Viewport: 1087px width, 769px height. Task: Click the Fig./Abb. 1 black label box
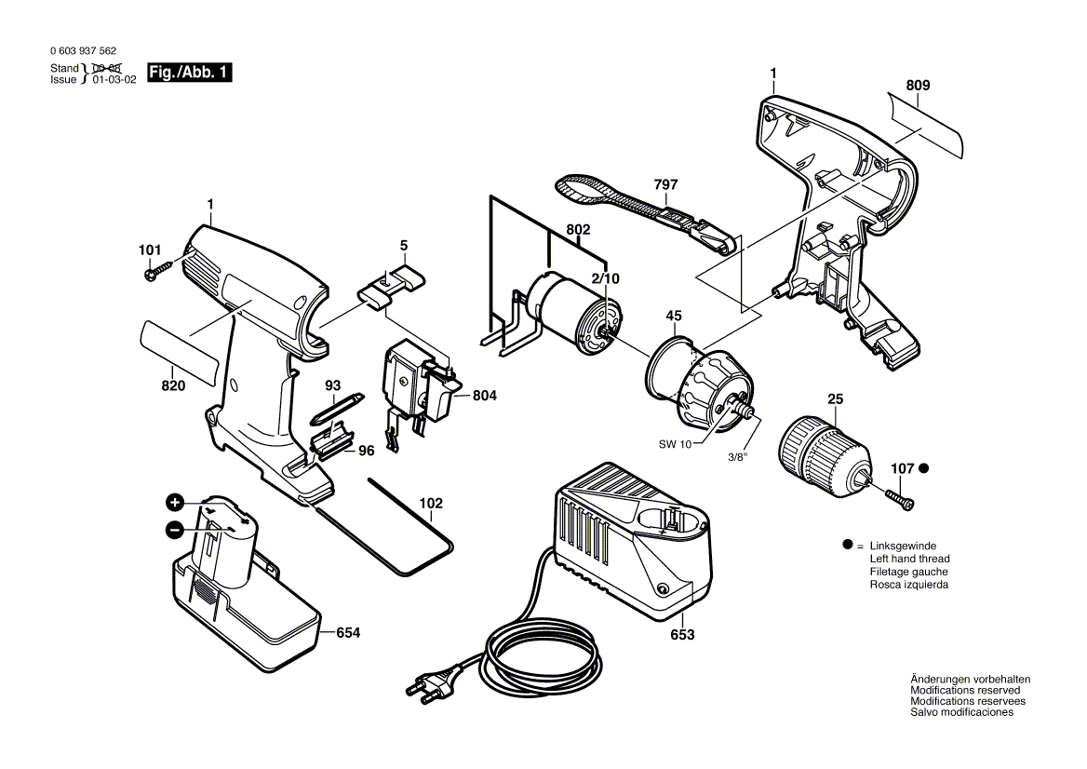pyautogui.click(x=189, y=73)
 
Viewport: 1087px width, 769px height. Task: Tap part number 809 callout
pyautogui.click(x=918, y=86)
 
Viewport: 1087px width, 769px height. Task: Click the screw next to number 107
pyautogui.click(x=900, y=497)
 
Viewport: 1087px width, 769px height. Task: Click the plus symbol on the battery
pyautogui.click(x=174, y=504)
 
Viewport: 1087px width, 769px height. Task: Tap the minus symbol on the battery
pyautogui.click(x=174, y=530)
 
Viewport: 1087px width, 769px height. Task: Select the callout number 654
pyautogui.click(x=347, y=633)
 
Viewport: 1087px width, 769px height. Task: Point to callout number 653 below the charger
pyautogui.click(x=682, y=635)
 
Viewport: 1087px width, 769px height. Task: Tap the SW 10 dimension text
pyautogui.click(x=676, y=445)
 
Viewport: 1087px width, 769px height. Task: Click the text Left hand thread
pyautogui.click(x=908, y=559)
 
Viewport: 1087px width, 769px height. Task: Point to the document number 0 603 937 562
pyautogui.click(x=83, y=52)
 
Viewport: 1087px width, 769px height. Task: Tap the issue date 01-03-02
pyautogui.click(x=114, y=80)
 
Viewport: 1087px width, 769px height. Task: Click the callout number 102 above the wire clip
pyautogui.click(x=430, y=504)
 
